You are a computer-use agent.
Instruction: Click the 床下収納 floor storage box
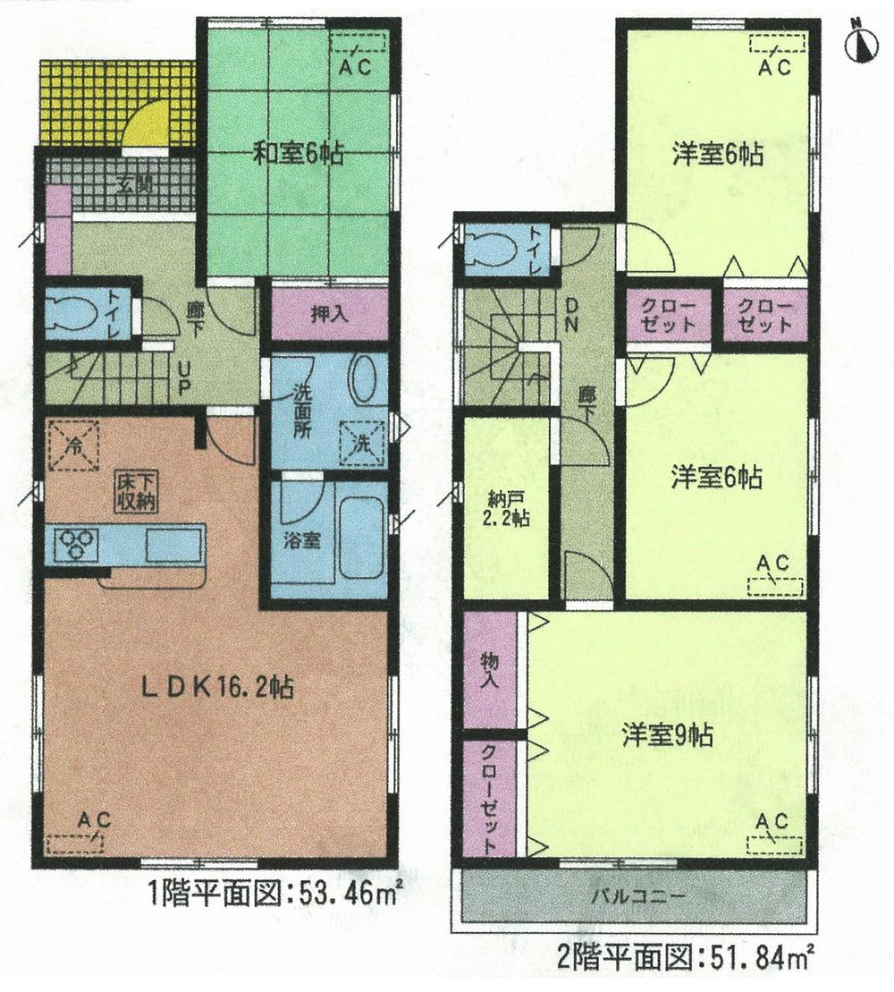[x=135, y=492]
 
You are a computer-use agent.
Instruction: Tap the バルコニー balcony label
[x=637, y=895]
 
